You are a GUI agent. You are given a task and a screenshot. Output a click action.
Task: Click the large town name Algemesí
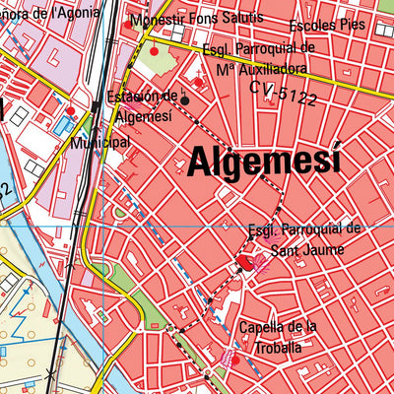click(x=263, y=160)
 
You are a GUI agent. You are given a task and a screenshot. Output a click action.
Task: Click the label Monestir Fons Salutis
click(x=196, y=19)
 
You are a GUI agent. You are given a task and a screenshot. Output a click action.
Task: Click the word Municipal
click(x=100, y=143)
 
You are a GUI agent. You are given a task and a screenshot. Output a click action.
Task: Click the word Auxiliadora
click(x=260, y=69)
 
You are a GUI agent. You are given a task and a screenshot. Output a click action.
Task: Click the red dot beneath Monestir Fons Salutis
click(x=154, y=49)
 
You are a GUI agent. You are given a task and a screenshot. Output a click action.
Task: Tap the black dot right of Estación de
click(x=184, y=99)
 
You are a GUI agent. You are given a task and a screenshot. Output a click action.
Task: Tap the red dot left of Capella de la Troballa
click(x=234, y=360)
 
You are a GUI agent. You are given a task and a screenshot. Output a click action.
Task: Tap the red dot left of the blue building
click(x=69, y=110)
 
